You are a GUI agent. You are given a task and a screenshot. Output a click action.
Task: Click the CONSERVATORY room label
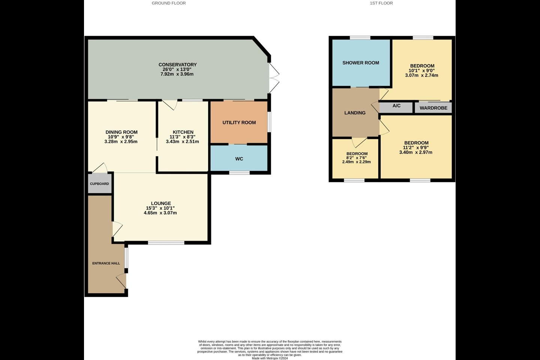pos(177,64)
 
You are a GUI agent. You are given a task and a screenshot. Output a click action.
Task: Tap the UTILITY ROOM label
pos(239,123)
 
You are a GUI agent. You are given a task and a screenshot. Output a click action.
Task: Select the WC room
pos(239,158)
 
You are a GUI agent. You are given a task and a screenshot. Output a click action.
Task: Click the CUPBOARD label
pos(99,184)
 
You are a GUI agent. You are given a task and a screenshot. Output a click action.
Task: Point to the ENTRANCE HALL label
pos(106,263)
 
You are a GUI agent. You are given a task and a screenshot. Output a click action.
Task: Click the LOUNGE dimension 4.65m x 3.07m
pos(160,213)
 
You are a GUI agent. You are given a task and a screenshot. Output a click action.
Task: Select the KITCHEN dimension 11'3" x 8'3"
pos(183,137)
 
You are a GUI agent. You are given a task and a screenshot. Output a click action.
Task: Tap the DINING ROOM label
pos(121,132)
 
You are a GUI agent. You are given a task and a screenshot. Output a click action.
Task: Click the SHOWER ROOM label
pos(361,63)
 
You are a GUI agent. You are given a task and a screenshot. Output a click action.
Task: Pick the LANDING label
pos(355,112)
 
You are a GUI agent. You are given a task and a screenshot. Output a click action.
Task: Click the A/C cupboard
pos(396,108)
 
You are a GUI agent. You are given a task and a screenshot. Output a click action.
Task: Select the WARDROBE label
pos(433,108)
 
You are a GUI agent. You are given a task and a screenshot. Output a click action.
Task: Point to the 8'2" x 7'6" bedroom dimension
pos(357,158)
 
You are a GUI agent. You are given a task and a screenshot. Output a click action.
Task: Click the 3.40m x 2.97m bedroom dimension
pos(416,152)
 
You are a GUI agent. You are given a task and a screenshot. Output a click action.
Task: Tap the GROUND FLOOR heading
pos(169,3)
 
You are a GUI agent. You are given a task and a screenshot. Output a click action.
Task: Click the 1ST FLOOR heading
pos(381,3)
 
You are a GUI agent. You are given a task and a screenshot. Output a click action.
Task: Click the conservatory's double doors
pos(274,78)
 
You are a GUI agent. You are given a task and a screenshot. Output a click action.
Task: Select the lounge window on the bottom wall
pos(166,243)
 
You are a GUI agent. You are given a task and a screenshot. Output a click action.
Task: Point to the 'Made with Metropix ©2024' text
pos(270,358)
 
